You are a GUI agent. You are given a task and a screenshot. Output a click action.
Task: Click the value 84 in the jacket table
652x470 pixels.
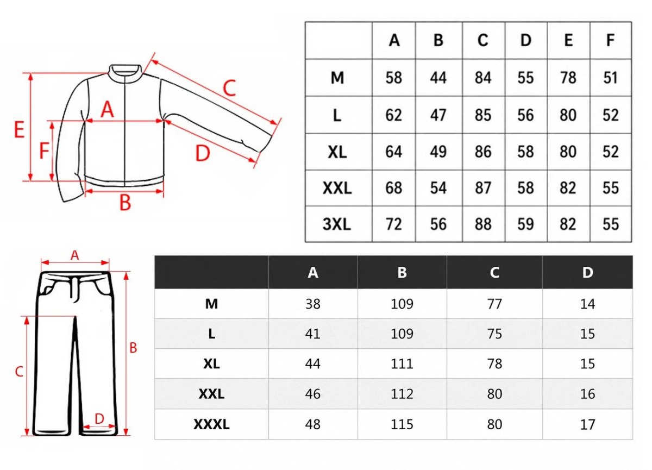tap(483, 78)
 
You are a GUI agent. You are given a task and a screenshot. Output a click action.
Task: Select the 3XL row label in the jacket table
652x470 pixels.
tap(337, 224)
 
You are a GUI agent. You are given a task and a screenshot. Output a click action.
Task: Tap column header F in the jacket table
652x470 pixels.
tap(610, 40)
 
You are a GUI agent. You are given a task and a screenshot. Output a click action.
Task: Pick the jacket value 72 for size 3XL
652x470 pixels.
tap(393, 224)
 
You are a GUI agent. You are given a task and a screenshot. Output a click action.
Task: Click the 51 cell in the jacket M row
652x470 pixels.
tap(610, 78)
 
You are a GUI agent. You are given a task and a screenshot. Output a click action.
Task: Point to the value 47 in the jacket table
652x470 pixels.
tap(438, 115)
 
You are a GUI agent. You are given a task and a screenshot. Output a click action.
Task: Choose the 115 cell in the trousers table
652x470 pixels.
tap(402, 424)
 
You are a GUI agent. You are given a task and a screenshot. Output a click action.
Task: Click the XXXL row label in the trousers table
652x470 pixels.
tap(211, 424)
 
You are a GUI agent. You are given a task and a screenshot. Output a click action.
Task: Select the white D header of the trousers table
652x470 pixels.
tap(587, 272)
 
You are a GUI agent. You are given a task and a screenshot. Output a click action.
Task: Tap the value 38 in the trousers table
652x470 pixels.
tap(313, 304)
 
